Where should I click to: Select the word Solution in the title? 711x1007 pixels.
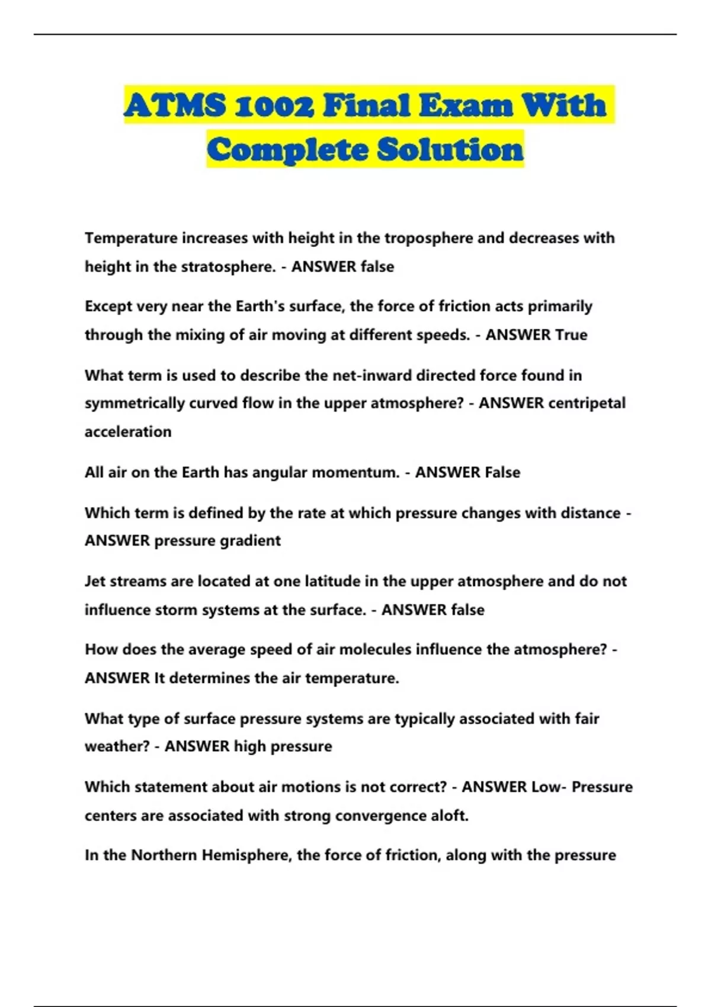click(x=450, y=149)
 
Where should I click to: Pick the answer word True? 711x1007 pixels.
click(x=571, y=335)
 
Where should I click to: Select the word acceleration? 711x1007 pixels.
click(x=128, y=432)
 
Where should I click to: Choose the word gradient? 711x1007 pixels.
click(x=250, y=541)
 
